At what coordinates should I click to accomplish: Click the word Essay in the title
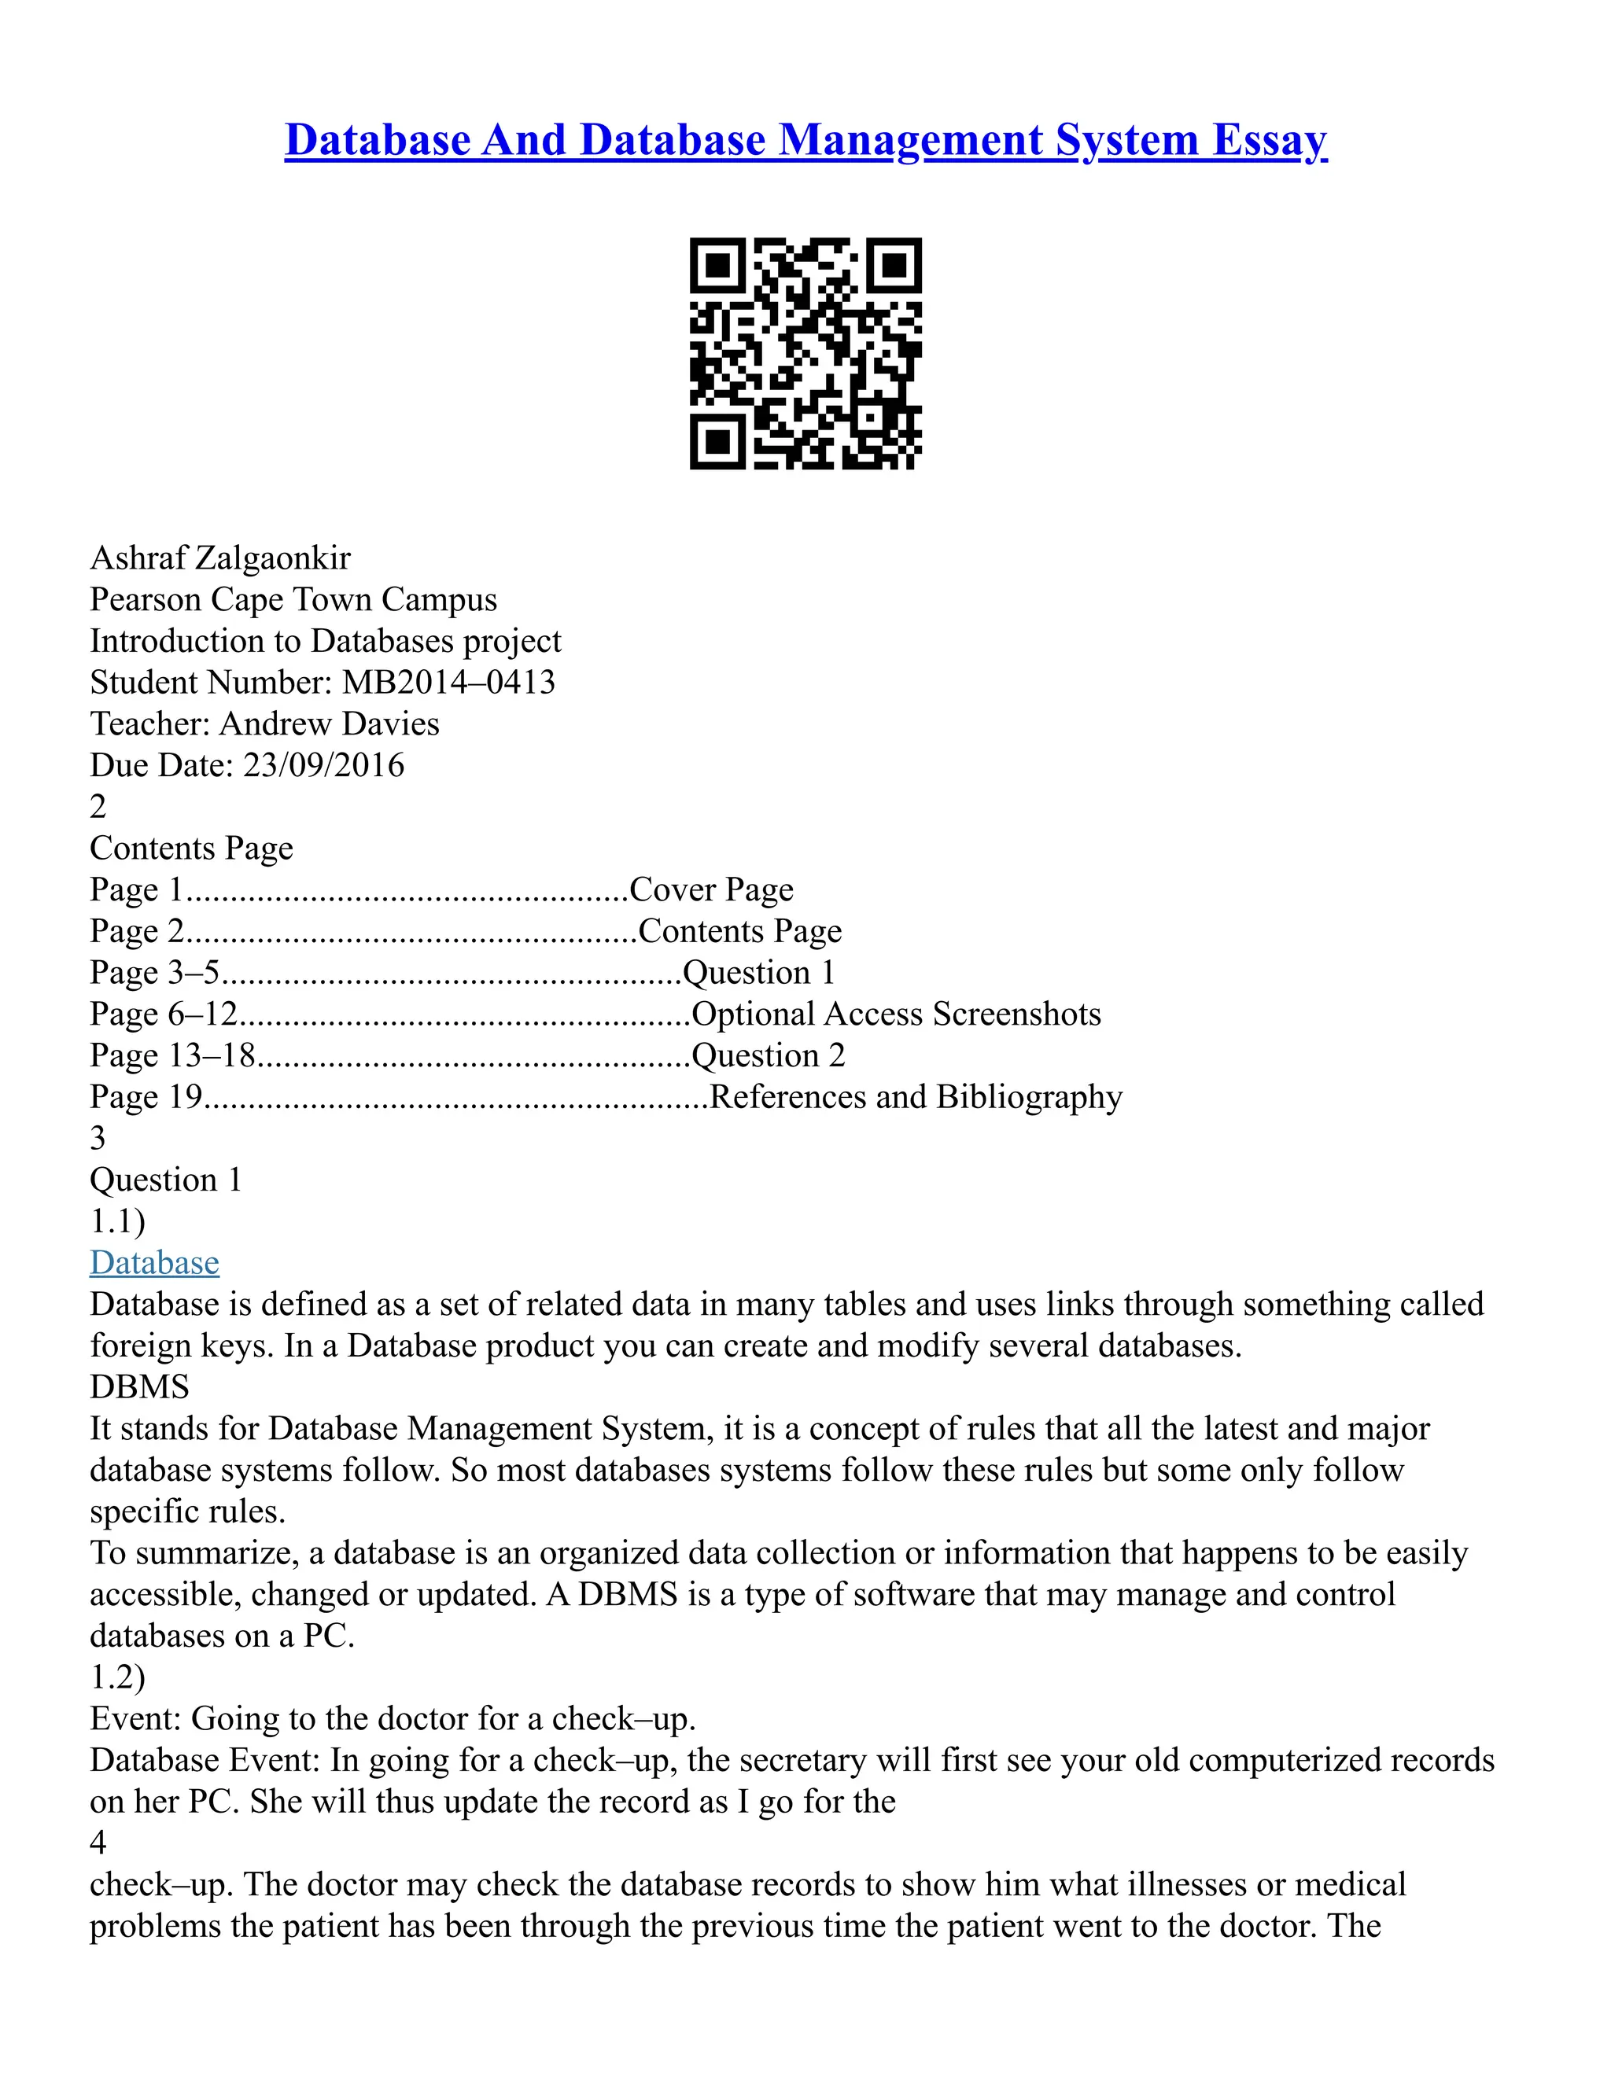(1270, 140)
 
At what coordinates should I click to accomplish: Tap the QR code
(805, 353)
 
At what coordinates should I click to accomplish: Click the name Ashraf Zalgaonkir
(220, 558)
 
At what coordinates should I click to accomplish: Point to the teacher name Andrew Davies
(330, 724)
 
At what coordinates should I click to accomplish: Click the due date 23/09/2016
(323, 765)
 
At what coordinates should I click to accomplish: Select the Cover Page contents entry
(711, 889)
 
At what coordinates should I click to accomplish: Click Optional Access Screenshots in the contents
(895, 1014)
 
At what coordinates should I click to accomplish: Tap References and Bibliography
(916, 1096)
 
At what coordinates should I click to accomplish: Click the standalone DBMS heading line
(139, 1386)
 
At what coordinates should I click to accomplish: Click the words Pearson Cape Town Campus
(293, 599)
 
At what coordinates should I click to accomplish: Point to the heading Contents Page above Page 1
(191, 849)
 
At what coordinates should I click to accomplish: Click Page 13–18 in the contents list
(173, 1055)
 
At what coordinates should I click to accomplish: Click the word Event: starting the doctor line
(135, 1718)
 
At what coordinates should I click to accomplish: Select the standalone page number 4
(98, 1843)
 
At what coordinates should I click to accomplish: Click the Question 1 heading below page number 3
(166, 1180)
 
